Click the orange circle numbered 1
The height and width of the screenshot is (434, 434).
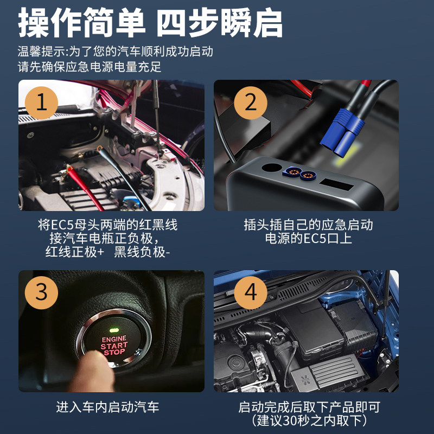pyautogui.click(x=42, y=103)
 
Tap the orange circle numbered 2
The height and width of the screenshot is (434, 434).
pyautogui.click(x=251, y=103)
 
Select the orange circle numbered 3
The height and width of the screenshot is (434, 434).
pyautogui.click(x=42, y=292)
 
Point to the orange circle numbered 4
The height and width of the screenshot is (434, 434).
pyautogui.click(x=251, y=292)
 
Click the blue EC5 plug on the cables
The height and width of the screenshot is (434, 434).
pyautogui.click(x=342, y=132)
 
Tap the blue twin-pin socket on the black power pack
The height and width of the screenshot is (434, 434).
pyautogui.click(x=299, y=173)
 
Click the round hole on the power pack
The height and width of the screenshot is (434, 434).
pyautogui.click(x=272, y=168)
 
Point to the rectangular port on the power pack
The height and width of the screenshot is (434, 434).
pyautogui.click(x=336, y=184)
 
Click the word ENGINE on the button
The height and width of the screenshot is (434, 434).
pyautogui.click(x=114, y=339)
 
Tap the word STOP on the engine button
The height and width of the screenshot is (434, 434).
pyautogui.click(x=114, y=352)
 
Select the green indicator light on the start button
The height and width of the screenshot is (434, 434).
pyautogui.click(x=114, y=330)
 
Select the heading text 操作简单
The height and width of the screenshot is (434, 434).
pyautogui.click(x=81, y=22)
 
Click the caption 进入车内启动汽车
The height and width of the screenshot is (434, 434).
pyautogui.click(x=107, y=407)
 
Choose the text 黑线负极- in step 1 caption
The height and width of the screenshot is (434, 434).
pyautogui.click(x=142, y=252)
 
